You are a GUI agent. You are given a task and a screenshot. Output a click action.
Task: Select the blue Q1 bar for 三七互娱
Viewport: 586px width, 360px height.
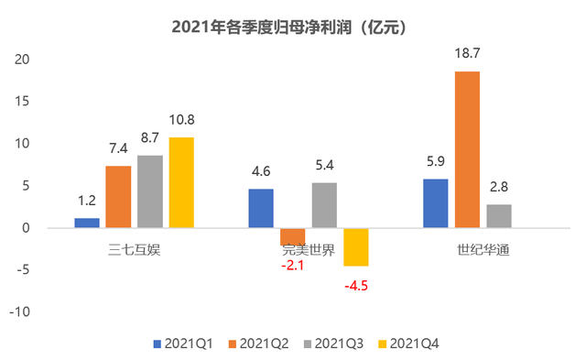(87, 223)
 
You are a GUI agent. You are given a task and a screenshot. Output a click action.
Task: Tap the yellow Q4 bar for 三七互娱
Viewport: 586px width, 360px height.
(181, 182)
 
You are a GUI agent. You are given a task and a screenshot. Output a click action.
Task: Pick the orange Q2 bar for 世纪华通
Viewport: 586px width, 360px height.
(467, 149)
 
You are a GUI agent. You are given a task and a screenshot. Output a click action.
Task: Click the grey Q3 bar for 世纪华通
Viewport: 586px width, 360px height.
(499, 216)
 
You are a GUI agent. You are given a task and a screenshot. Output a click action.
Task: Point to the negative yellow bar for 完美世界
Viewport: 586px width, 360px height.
(356, 246)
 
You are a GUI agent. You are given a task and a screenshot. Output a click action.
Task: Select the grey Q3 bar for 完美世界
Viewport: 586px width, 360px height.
(324, 205)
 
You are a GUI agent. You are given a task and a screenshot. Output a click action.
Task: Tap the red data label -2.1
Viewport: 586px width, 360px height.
(293, 265)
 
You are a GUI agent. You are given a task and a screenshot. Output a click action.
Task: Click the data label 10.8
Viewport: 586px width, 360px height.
(181, 119)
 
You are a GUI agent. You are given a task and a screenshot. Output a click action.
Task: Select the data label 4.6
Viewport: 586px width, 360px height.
(261, 171)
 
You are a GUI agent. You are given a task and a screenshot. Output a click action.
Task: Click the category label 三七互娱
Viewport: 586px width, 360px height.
(135, 248)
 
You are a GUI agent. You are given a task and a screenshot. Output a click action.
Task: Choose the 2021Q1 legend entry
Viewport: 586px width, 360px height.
(183, 344)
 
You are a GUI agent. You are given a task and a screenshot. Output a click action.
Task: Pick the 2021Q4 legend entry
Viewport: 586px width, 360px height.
(411, 344)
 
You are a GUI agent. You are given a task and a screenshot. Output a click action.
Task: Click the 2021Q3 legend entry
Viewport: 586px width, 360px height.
(335, 344)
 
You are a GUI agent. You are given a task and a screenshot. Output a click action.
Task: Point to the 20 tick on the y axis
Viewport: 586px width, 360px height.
(20, 60)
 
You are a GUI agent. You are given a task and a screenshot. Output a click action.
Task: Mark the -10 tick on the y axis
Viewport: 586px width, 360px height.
(18, 312)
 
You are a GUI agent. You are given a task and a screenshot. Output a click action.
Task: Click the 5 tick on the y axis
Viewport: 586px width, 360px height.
(25, 186)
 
